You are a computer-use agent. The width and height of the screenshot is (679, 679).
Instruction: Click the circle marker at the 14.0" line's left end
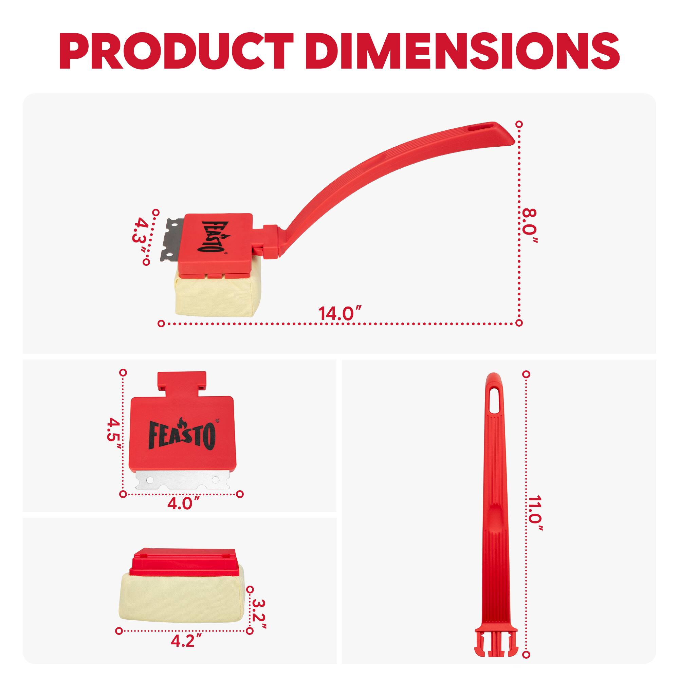(161, 323)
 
